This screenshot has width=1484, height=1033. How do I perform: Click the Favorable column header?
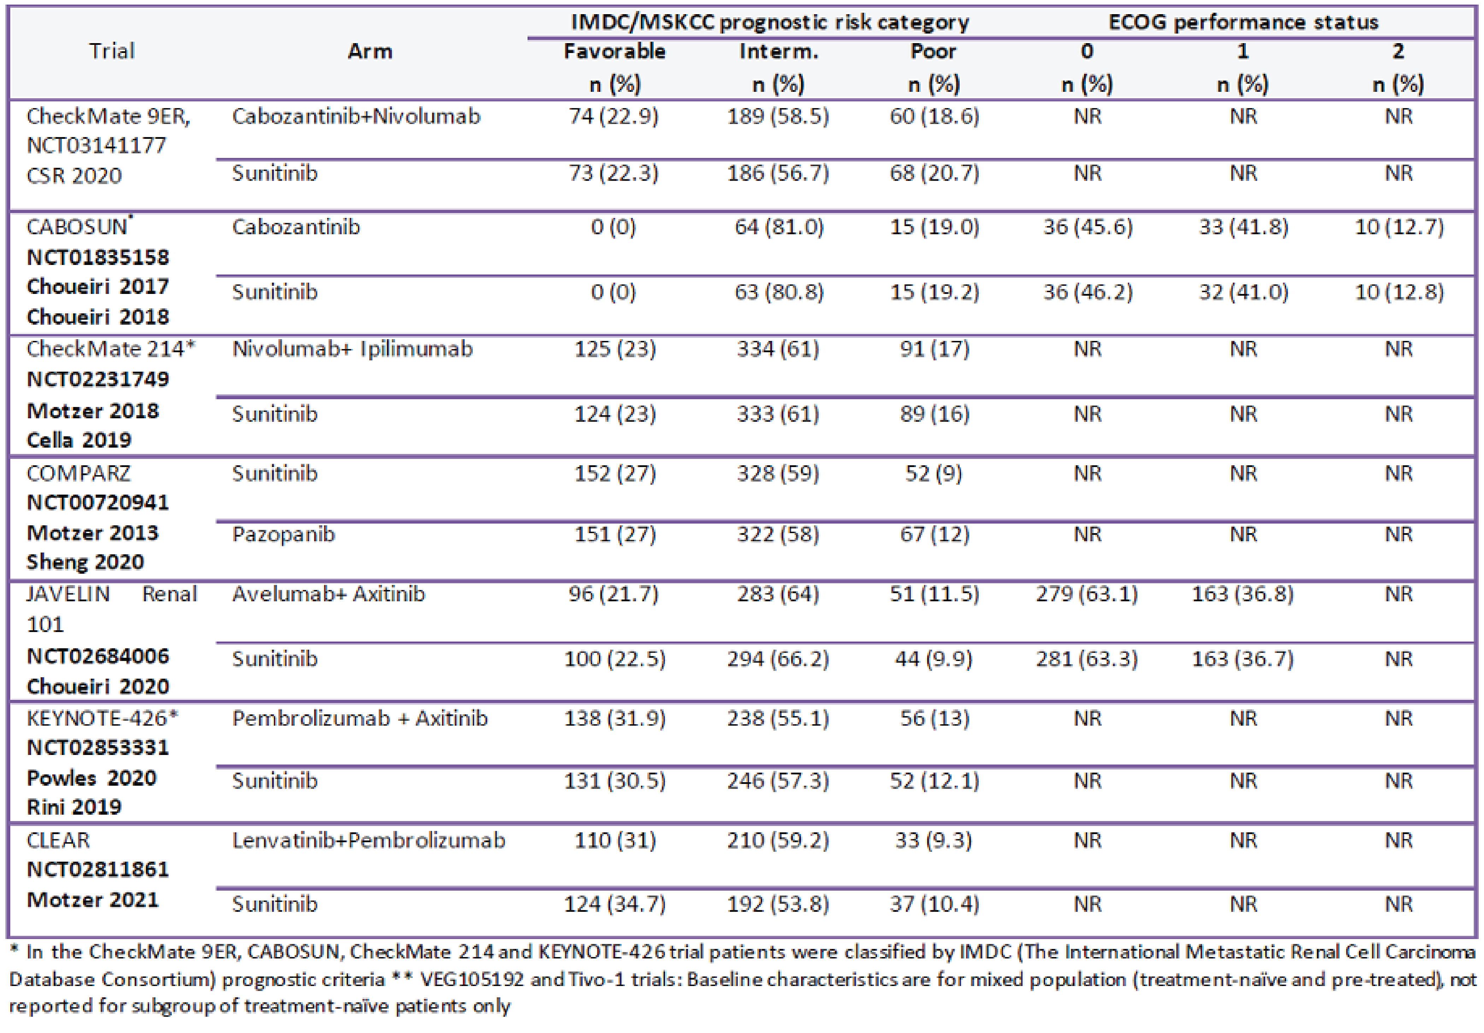[x=614, y=51]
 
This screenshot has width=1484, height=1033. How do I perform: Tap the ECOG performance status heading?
[x=1243, y=22]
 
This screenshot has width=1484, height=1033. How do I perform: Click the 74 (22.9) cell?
[x=613, y=116]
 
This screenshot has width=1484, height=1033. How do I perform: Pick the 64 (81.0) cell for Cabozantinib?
[x=779, y=227]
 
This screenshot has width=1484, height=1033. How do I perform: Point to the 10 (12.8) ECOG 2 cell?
[x=1399, y=292]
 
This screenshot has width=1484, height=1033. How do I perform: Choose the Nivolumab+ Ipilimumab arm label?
[x=352, y=349]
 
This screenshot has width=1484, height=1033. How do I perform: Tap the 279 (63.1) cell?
[x=1087, y=594]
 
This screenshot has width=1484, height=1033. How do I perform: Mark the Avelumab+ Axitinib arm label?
[x=328, y=594]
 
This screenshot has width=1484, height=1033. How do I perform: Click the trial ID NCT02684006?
[x=98, y=656]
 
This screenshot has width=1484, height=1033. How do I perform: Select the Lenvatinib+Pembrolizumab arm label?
[x=369, y=840]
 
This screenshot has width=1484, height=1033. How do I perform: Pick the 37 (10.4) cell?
[x=934, y=904]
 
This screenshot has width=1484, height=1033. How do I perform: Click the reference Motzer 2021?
[x=93, y=900]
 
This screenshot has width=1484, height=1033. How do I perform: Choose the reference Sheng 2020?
[x=85, y=562]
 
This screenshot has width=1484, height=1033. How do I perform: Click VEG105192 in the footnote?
[x=472, y=979]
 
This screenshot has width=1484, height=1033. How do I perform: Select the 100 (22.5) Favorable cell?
[x=614, y=659]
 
